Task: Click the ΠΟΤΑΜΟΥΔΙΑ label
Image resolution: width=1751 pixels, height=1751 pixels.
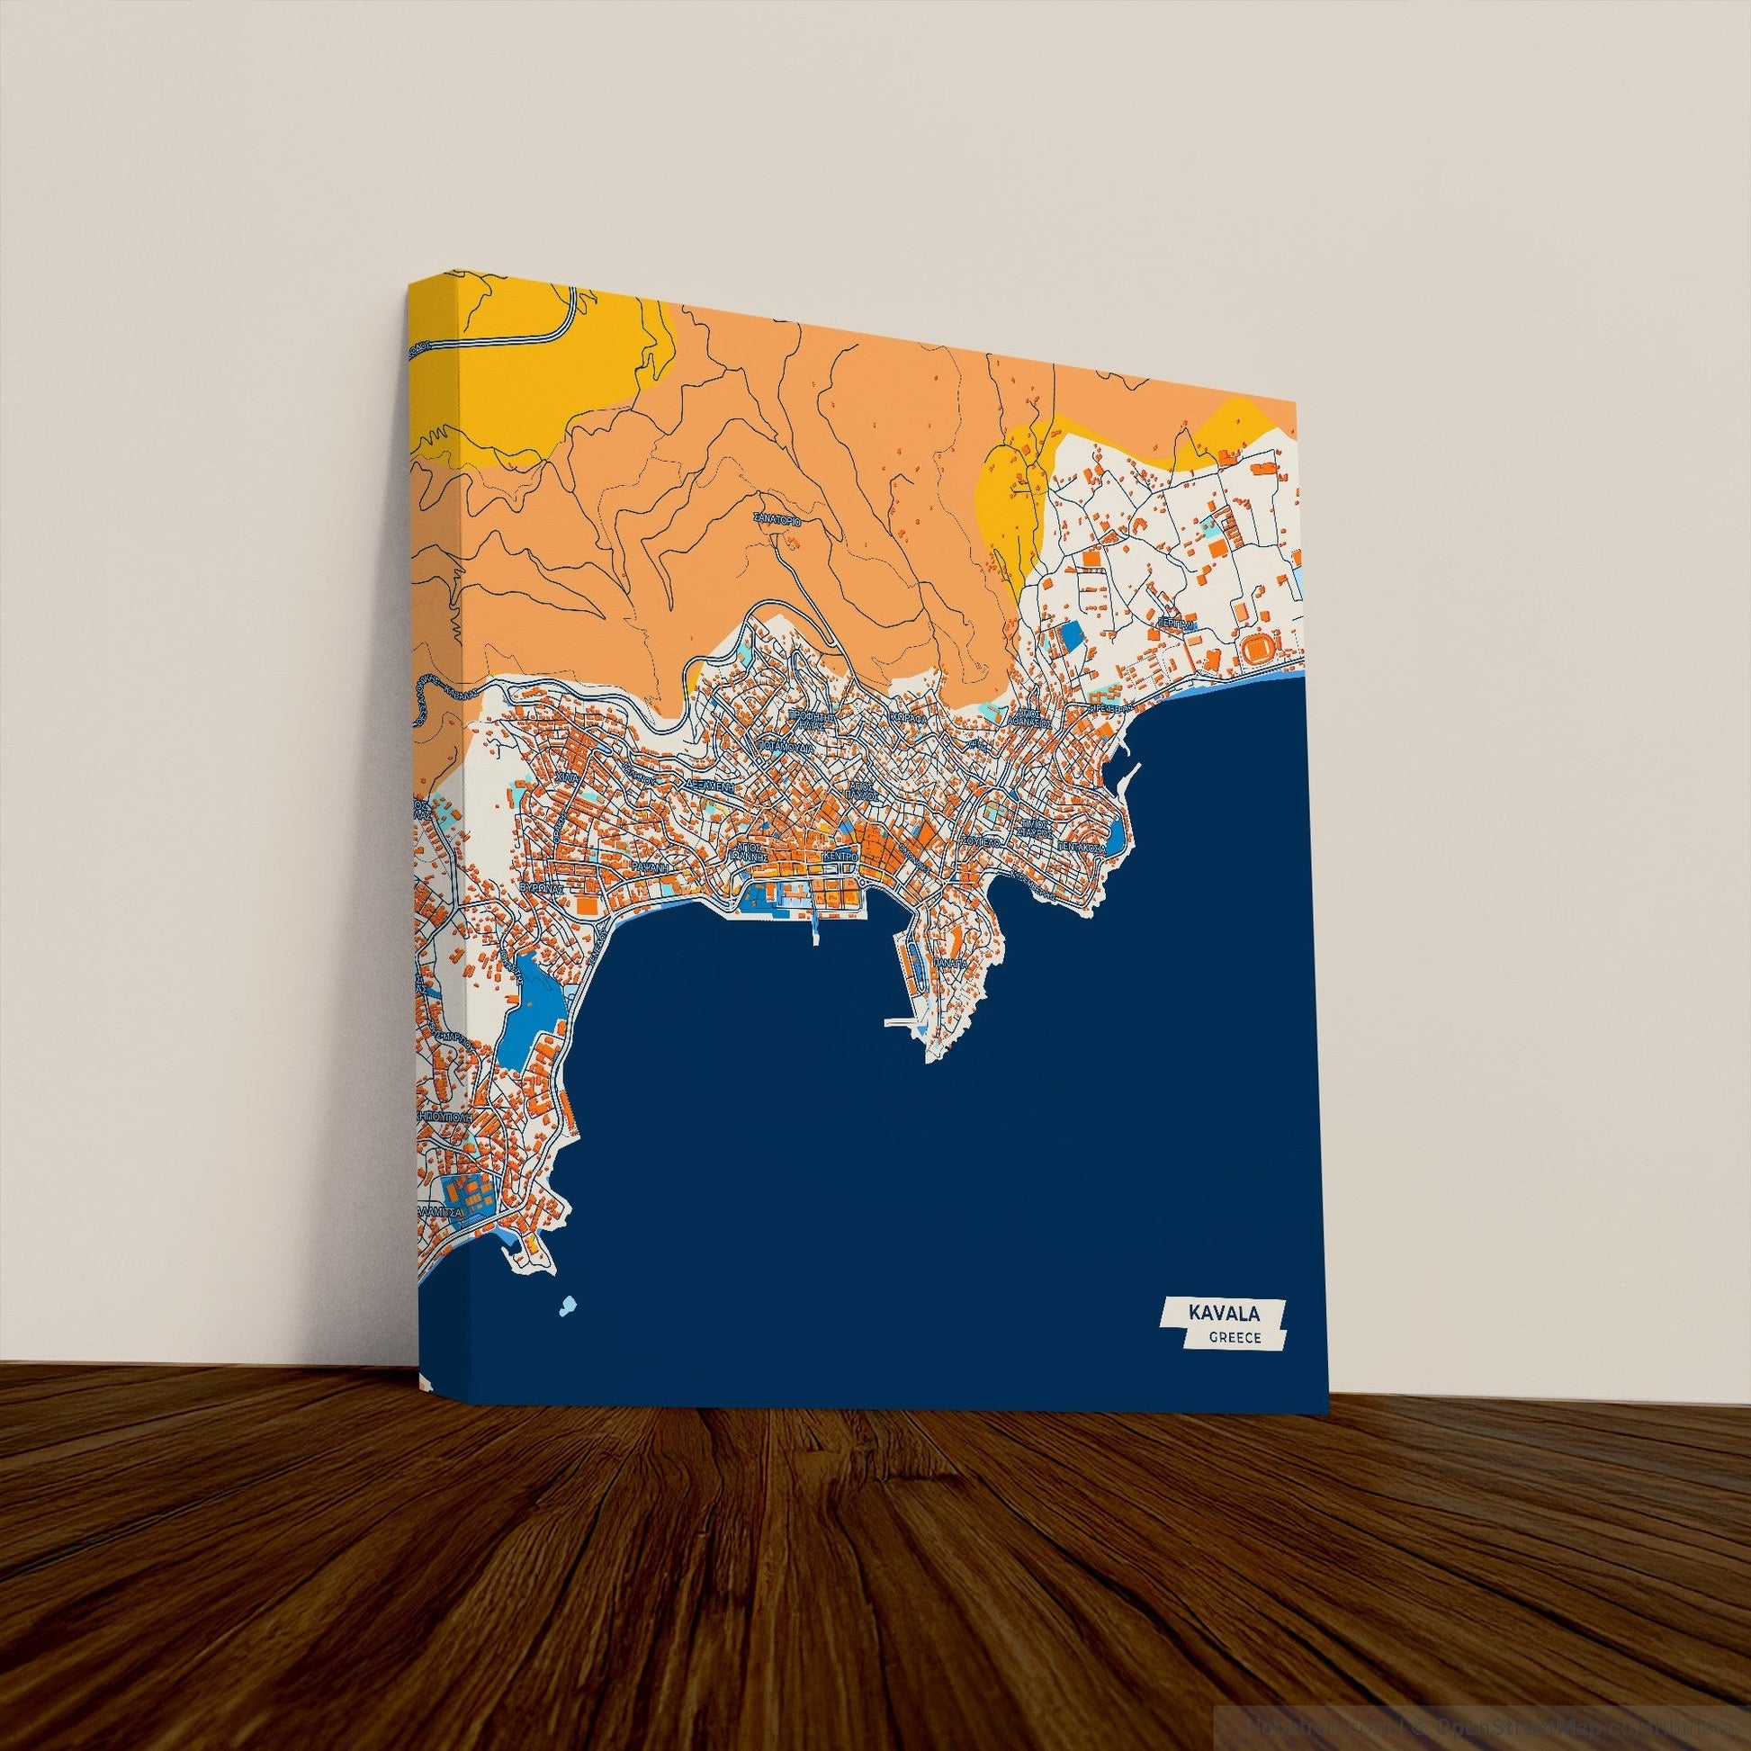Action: pyautogui.click(x=783, y=749)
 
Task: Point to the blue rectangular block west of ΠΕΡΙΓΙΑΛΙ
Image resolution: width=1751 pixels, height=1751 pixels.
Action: pyautogui.click(x=1072, y=634)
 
